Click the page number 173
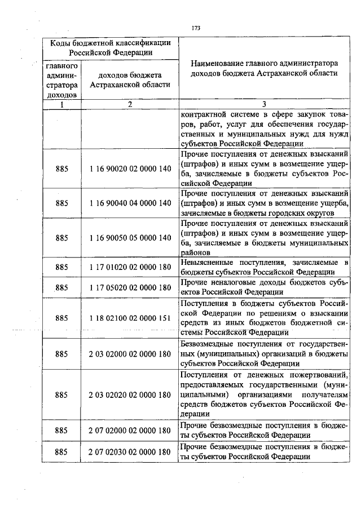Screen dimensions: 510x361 pyautogui.click(x=196, y=28)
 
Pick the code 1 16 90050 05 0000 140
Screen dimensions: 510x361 pyautogui.click(x=130, y=237)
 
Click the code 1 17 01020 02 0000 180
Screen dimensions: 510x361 pyautogui.click(x=130, y=267)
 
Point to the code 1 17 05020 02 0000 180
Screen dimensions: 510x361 pyautogui.click(x=130, y=287)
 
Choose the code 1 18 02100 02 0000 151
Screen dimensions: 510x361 pyautogui.click(x=130, y=318)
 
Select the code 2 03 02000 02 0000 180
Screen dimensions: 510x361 pyautogui.click(x=130, y=354)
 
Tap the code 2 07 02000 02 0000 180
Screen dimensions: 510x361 pyautogui.click(x=130, y=430)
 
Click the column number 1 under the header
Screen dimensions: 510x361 pyautogui.click(x=62, y=104)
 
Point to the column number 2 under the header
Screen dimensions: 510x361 pyautogui.click(x=130, y=104)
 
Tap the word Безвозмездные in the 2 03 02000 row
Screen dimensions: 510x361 pyautogui.click(x=208, y=344)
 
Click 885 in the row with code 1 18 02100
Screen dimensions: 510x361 pyautogui.click(x=62, y=318)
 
